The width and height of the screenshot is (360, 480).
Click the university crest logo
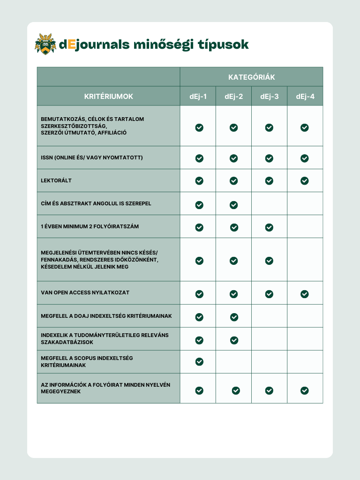(45, 44)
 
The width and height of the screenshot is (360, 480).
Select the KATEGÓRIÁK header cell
(251, 77)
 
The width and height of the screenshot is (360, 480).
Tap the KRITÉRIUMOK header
(108, 97)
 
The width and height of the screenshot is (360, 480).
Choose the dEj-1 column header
(198, 97)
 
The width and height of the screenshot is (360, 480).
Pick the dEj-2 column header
(233, 97)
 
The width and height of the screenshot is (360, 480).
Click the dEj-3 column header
(269, 97)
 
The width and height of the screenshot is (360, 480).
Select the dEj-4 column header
(305, 97)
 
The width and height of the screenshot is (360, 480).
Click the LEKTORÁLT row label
(56, 180)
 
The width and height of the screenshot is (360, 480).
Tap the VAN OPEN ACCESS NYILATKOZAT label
(85, 292)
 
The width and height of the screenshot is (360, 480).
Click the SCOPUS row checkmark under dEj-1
(199, 361)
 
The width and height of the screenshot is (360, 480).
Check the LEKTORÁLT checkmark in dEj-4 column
(305, 180)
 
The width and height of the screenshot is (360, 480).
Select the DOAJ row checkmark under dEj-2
(234, 317)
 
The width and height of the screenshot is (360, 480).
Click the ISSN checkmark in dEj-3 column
(269, 158)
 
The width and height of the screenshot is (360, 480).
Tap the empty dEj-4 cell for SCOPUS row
(305, 362)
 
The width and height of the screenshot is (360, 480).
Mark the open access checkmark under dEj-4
(305, 294)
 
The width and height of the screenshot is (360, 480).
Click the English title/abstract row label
(96, 203)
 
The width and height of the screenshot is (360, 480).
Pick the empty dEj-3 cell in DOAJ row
(269, 316)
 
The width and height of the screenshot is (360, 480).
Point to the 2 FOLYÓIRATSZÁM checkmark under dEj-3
(269, 227)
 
